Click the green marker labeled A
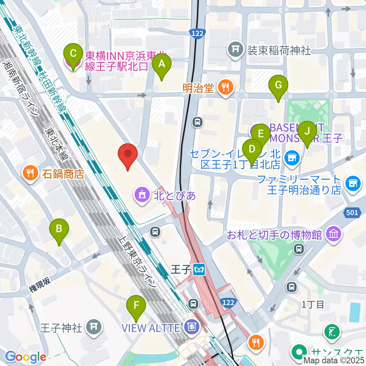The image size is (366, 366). pos(162,64)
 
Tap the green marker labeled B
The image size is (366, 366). pos(59,229)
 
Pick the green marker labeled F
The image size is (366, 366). pos(136,305)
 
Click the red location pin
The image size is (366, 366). pos(128,154)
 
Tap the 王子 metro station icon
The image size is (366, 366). pos(199,270)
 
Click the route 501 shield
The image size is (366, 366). pos(353,212)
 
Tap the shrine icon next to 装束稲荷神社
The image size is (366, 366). pos(236,50)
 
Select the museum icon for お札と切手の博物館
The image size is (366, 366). pos(334,234)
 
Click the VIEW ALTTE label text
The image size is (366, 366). pos(151,327)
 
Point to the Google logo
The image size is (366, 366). pos(26,357)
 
